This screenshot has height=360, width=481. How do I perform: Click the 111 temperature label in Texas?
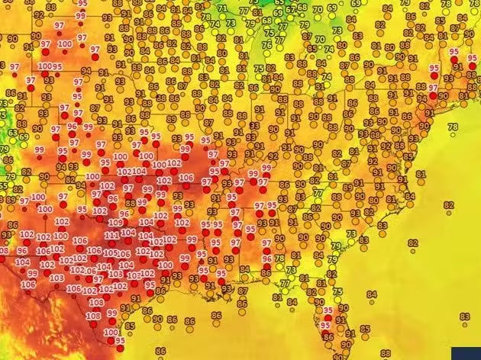(111, 235)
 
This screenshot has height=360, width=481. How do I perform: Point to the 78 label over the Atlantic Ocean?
(452, 127)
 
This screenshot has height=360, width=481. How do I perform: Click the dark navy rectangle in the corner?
(466, 353)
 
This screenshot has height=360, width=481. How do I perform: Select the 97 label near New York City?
(433, 88)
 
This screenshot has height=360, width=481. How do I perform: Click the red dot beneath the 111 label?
(112, 243)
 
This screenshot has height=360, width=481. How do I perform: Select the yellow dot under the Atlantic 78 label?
(452, 134)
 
